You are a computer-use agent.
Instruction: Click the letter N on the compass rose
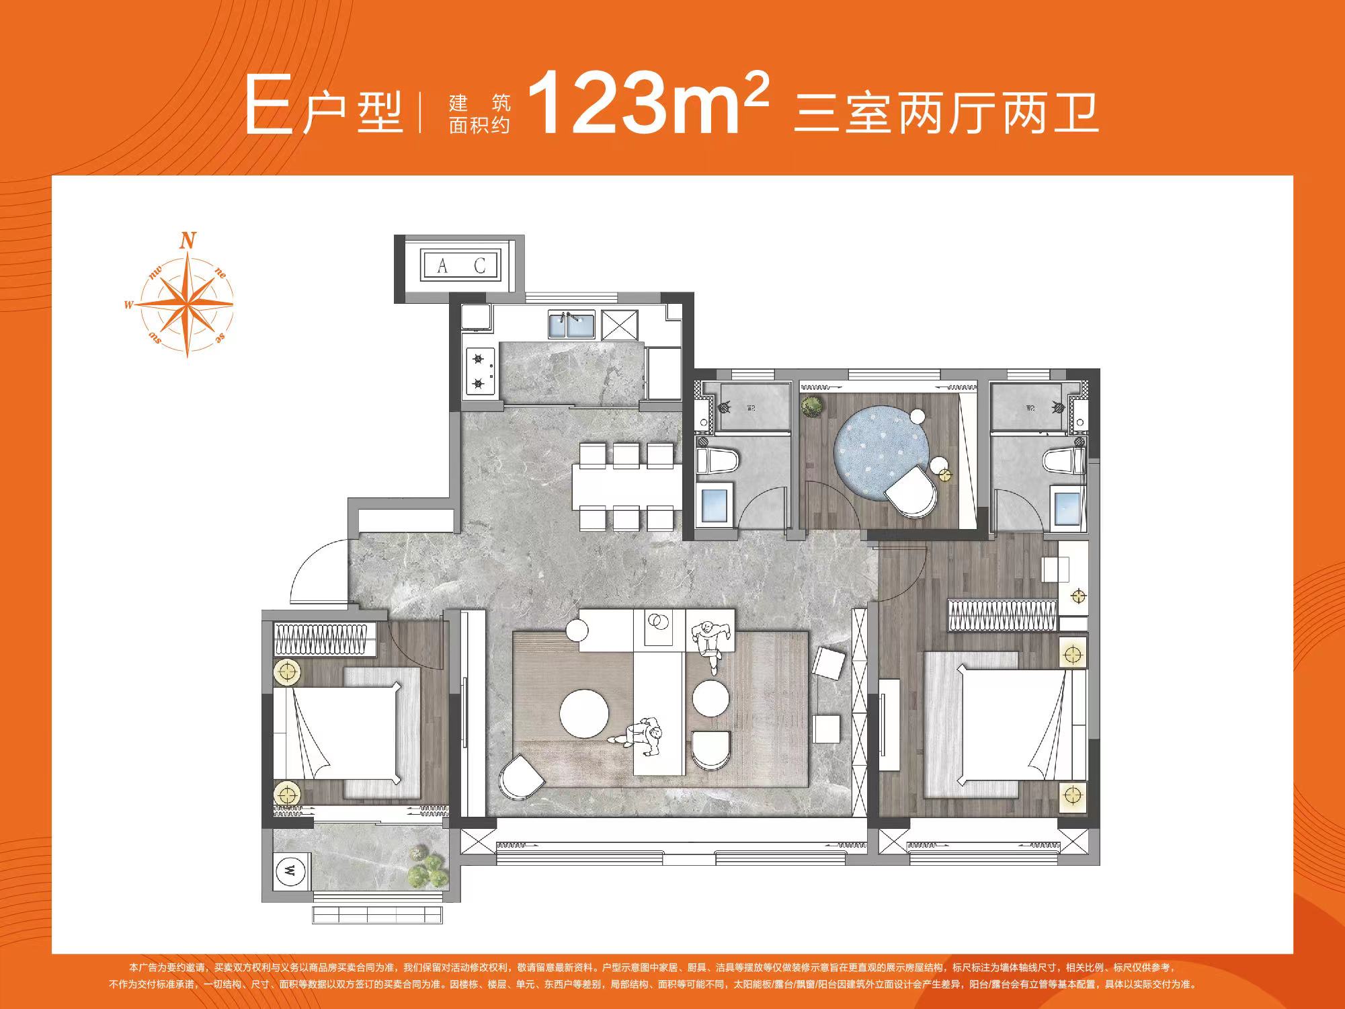pos(189,240)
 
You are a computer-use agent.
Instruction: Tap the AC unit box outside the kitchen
pos(460,266)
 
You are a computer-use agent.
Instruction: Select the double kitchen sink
pos(571,325)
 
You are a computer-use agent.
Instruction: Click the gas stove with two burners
pos(479,371)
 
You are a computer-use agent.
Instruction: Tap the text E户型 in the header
pos(323,111)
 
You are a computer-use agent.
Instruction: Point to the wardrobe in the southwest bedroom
pos(325,639)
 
